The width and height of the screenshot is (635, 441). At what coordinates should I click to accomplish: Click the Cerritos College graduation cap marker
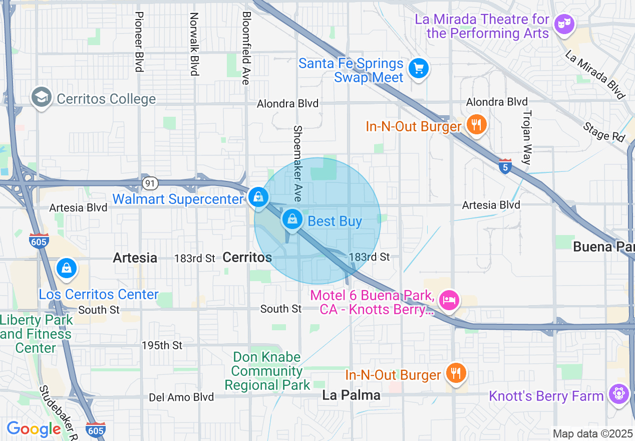[42, 98]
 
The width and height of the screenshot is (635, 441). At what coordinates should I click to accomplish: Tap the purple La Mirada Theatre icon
[564, 24]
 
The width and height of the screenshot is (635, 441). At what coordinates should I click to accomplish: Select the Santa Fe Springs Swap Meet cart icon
[418, 68]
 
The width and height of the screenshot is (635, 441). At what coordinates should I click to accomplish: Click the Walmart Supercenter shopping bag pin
[258, 197]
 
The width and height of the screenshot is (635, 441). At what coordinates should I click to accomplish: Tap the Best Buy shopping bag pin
[292, 219]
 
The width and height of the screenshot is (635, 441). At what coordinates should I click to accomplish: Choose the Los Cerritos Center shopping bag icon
[66, 268]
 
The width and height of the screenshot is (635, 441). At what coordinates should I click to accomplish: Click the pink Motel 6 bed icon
[449, 300]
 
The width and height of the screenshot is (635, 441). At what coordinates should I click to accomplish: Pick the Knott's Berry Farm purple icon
[619, 393]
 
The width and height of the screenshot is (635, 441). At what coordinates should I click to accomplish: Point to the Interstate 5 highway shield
[505, 167]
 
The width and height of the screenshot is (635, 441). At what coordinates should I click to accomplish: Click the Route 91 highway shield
[150, 183]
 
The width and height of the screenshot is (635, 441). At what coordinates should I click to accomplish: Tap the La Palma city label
[351, 395]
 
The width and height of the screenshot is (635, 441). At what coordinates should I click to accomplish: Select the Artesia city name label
[135, 258]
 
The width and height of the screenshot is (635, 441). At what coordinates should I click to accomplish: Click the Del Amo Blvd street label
[181, 397]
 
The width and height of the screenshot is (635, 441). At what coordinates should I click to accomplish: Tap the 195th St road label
[162, 346]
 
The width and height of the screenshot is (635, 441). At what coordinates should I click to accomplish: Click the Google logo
[34, 429]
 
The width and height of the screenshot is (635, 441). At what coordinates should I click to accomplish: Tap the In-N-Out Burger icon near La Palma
[456, 373]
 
